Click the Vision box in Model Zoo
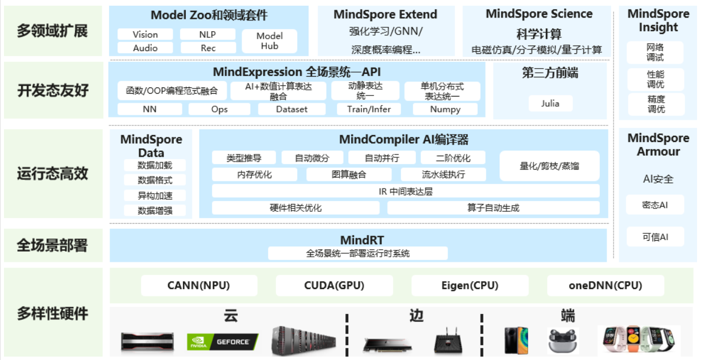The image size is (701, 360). coord(145,34)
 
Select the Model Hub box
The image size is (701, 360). coord(269,41)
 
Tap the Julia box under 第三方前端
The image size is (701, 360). coord(549,103)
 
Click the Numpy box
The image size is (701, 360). coord(445,109)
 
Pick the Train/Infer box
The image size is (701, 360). coord(369,109)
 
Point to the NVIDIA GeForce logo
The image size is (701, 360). coord(222,342)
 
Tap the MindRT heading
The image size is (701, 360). coord(358,240)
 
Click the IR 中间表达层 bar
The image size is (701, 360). coord(406,191)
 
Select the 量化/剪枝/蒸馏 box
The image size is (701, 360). coord(549,166)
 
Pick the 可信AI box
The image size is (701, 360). coord(655,237)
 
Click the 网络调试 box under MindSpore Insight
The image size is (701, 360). coord(655,52)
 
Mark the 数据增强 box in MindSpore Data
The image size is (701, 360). coord(155,211)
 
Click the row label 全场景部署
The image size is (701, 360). coord(52,245)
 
